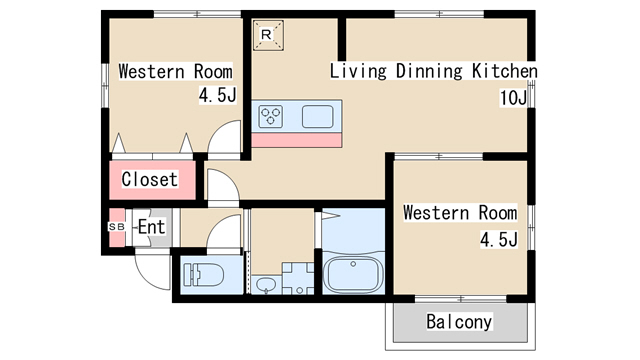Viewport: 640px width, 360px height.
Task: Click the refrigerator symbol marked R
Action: click(x=268, y=35)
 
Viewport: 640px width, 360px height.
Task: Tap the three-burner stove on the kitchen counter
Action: click(x=271, y=116)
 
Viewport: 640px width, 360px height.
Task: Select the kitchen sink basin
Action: click(x=318, y=116)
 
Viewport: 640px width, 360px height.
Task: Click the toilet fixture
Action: click(x=203, y=274)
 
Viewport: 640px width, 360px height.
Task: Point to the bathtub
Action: click(x=353, y=274)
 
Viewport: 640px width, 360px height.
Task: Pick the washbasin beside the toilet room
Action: click(x=266, y=284)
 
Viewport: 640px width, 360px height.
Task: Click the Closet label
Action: click(x=150, y=179)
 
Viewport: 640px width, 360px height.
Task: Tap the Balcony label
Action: click(x=459, y=321)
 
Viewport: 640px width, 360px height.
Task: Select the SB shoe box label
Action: click(x=116, y=227)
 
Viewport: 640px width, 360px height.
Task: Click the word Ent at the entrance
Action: click(x=151, y=227)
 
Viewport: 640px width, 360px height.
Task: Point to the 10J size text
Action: click(x=513, y=98)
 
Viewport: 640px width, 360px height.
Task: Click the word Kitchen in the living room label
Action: click(x=504, y=71)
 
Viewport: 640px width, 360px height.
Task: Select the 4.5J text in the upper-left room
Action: click(x=218, y=95)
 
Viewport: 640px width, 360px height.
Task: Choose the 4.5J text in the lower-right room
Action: click(x=499, y=240)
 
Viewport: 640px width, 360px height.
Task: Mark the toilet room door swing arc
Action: click(x=216, y=222)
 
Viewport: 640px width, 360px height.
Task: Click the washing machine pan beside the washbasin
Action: click(x=298, y=278)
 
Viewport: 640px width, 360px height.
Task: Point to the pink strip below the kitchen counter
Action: click(x=296, y=140)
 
